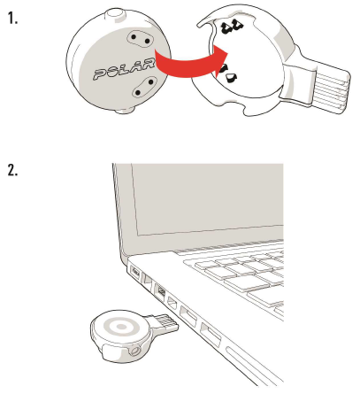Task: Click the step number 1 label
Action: [12, 19]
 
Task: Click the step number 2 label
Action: [12, 170]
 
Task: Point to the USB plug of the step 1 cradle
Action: [331, 89]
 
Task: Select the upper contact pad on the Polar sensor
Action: [140, 39]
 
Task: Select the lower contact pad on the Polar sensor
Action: [144, 87]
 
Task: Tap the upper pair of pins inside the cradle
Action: [233, 26]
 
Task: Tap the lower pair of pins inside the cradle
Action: [228, 73]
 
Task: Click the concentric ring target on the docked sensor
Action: [121, 327]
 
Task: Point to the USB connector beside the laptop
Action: [166, 323]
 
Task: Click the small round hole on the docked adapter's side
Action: [135, 352]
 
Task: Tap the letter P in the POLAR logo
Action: [101, 74]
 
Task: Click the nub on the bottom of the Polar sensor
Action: [125, 111]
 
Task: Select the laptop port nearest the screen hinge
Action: [135, 271]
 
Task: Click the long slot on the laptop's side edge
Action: [253, 365]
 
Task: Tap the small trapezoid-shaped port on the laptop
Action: [172, 303]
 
